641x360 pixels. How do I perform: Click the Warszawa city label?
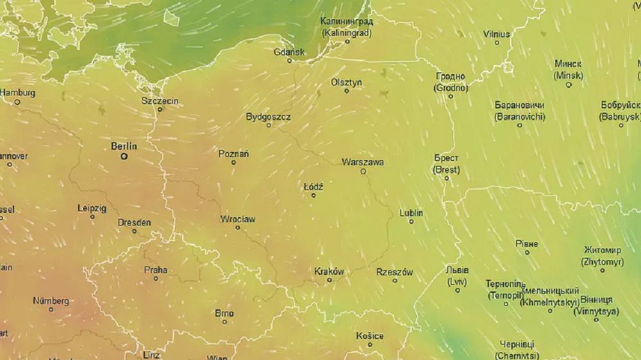point(363,162)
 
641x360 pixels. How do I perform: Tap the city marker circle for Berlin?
point(124,156)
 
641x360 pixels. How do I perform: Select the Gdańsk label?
point(289,52)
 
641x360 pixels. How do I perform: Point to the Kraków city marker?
point(329,280)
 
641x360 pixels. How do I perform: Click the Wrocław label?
point(237,219)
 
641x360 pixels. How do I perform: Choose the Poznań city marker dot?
point(233,163)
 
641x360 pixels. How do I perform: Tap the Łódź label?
point(313,186)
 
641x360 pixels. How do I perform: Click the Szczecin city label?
point(160,101)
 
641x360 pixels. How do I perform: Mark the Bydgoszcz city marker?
point(269,125)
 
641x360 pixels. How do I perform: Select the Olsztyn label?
point(347,82)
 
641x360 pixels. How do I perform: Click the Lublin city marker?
point(412,222)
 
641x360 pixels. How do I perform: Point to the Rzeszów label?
point(394,272)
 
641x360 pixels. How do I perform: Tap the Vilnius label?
point(497,34)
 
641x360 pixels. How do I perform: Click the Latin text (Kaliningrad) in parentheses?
point(347,31)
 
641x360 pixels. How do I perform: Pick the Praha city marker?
point(156,279)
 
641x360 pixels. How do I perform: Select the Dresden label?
point(134,222)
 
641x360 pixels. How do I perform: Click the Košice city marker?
point(370,345)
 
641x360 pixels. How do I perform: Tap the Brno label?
point(224,313)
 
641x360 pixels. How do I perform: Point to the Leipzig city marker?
point(92,217)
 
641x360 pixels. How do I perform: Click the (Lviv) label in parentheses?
point(457,281)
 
